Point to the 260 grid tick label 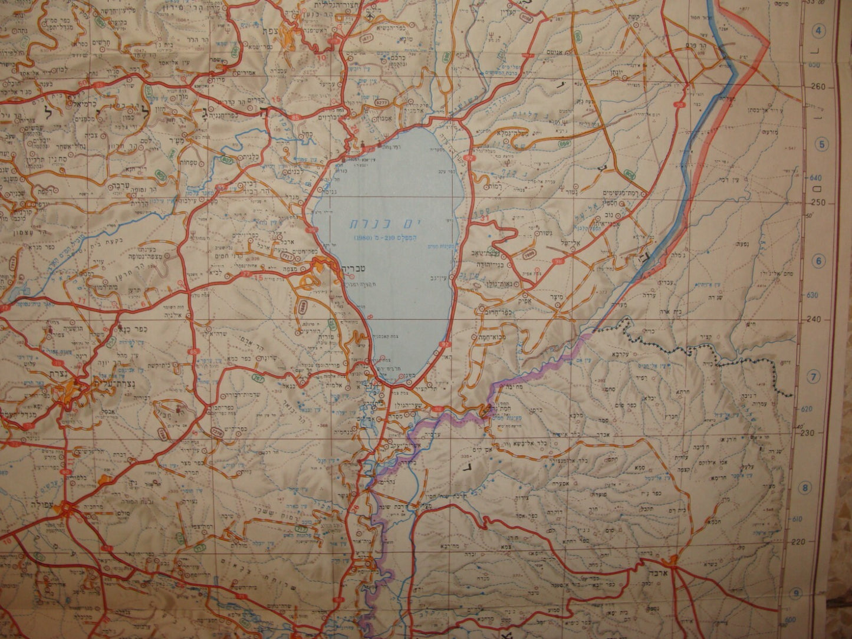click(x=820, y=87)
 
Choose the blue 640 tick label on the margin click(x=816, y=177)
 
